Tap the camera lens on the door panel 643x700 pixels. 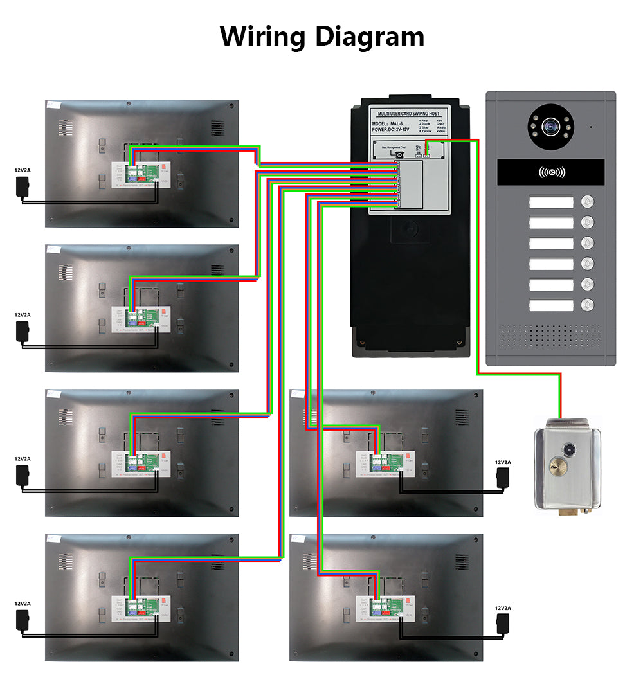[551, 127]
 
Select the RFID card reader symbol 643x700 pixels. [552, 172]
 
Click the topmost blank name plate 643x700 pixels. [550, 202]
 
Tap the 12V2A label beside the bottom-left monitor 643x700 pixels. [23, 604]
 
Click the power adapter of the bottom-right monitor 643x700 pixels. [502, 622]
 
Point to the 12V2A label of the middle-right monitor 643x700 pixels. [502, 462]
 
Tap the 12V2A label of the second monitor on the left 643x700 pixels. [23, 315]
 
